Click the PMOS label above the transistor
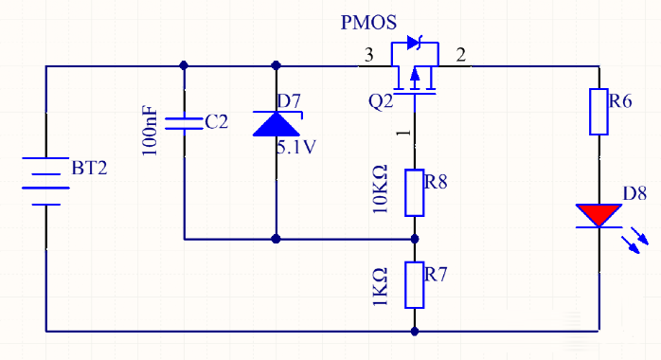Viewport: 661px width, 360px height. coord(368,23)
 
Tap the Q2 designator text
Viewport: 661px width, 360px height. coord(381,101)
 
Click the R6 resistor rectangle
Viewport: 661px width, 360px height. coord(598,112)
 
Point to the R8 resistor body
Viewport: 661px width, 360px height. coord(415,193)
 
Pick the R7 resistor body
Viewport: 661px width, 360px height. coord(415,285)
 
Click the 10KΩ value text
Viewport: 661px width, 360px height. coord(380,189)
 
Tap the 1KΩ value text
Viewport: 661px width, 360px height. coord(380,287)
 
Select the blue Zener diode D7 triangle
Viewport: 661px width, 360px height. coord(277,123)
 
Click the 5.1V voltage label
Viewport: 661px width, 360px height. coord(296,147)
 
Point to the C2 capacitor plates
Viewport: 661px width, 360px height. coord(184,123)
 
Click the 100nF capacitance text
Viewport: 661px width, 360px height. coord(150,131)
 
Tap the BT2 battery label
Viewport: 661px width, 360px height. coord(89,168)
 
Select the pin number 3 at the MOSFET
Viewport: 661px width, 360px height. coord(369,55)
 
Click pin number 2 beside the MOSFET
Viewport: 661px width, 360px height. coord(461,55)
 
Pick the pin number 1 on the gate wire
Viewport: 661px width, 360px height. coord(404,133)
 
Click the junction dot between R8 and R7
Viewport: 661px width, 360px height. coord(415,239)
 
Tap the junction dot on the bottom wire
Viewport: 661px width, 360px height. coord(415,332)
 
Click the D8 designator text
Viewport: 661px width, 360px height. coord(634,193)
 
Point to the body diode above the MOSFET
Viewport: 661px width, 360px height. coord(415,43)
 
